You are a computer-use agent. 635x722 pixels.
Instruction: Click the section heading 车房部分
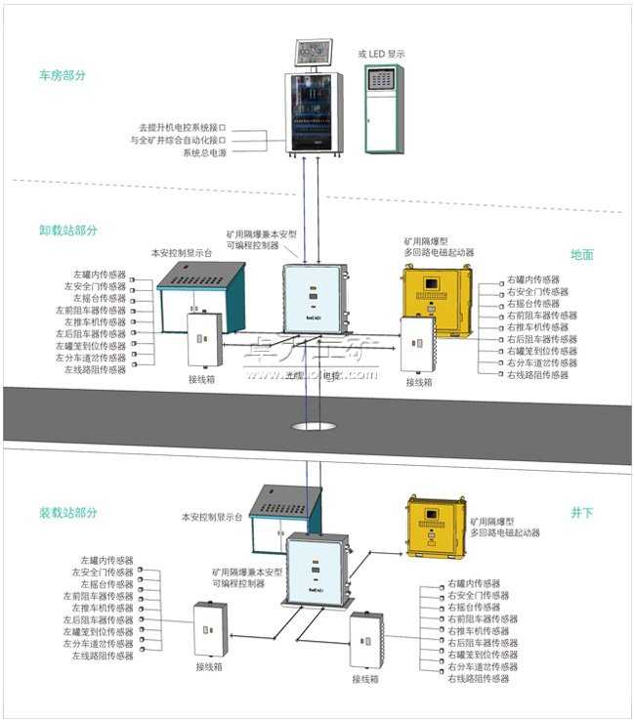(62, 74)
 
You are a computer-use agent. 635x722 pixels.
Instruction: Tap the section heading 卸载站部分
(68, 231)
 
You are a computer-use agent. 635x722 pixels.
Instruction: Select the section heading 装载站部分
(68, 512)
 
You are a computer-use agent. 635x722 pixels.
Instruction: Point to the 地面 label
(581, 254)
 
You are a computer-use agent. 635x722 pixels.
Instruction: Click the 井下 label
(581, 512)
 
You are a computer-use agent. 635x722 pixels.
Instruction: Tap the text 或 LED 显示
(381, 54)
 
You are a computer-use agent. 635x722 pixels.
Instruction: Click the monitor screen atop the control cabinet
(315, 54)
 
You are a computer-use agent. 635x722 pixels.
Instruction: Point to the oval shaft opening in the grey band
(314, 426)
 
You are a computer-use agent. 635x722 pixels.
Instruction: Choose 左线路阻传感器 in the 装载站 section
(102, 656)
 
